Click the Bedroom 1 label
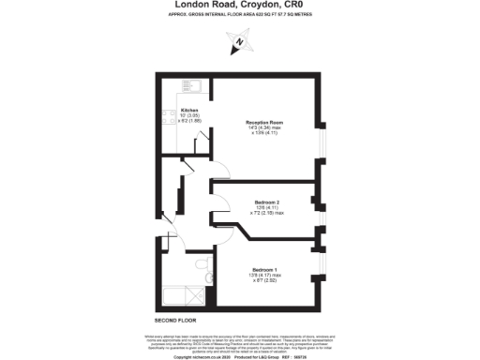(x=262, y=267)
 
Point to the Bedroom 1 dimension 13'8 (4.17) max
(x=263, y=274)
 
